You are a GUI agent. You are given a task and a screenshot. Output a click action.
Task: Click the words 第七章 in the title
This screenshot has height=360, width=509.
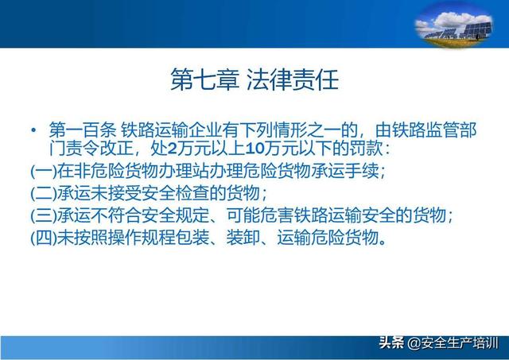tap(205, 79)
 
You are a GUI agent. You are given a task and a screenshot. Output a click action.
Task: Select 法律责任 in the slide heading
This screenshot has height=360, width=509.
tap(293, 79)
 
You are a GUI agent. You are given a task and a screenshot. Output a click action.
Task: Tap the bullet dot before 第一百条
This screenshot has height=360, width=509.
tap(33, 130)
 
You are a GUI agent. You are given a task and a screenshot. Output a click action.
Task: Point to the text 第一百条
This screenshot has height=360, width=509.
tap(83, 130)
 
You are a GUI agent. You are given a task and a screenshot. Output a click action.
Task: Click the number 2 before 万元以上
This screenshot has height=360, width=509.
tap(173, 149)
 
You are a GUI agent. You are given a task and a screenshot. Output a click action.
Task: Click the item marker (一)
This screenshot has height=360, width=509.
tap(44, 171)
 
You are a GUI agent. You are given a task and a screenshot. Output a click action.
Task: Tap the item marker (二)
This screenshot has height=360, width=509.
tap(44, 193)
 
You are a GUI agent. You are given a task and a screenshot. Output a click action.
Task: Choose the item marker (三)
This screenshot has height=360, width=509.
tap(44, 215)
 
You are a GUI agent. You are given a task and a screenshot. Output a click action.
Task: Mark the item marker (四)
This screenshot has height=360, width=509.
tap(44, 238)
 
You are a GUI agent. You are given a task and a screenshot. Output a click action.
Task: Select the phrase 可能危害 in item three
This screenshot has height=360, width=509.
tap(260, 215)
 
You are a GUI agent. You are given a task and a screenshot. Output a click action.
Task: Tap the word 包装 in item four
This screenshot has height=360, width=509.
tap(192, 238)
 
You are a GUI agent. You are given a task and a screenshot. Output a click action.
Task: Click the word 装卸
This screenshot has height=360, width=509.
tap(243, 238)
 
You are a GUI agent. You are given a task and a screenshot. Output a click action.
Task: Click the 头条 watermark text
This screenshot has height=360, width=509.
tap(391, 343)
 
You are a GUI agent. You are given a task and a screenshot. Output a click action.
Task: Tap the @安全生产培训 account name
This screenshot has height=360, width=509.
tap(453, 343)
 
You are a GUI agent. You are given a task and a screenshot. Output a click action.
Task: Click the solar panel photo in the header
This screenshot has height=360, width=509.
tap(454, 25)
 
